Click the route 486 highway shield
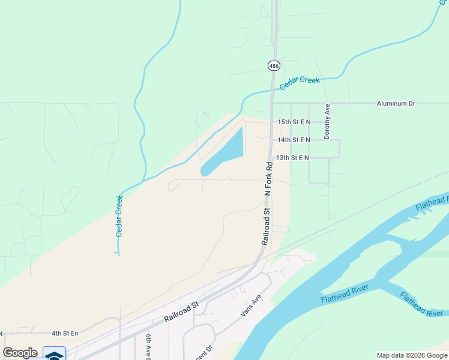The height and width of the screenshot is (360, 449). point(274,65)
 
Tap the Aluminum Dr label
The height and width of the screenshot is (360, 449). point(396,104)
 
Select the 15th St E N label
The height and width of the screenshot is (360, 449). point(294,122)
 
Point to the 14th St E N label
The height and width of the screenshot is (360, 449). point(294,140)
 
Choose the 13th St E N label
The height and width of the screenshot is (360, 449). point(292,158)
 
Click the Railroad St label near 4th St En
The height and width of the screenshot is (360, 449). point(181,313)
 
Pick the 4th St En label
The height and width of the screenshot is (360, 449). point(65,333)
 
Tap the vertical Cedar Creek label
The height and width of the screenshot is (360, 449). point(119,215)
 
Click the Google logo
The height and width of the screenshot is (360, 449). point(20,353)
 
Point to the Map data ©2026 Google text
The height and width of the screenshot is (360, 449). point(412,355)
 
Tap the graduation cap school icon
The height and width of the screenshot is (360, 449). point(54,354)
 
